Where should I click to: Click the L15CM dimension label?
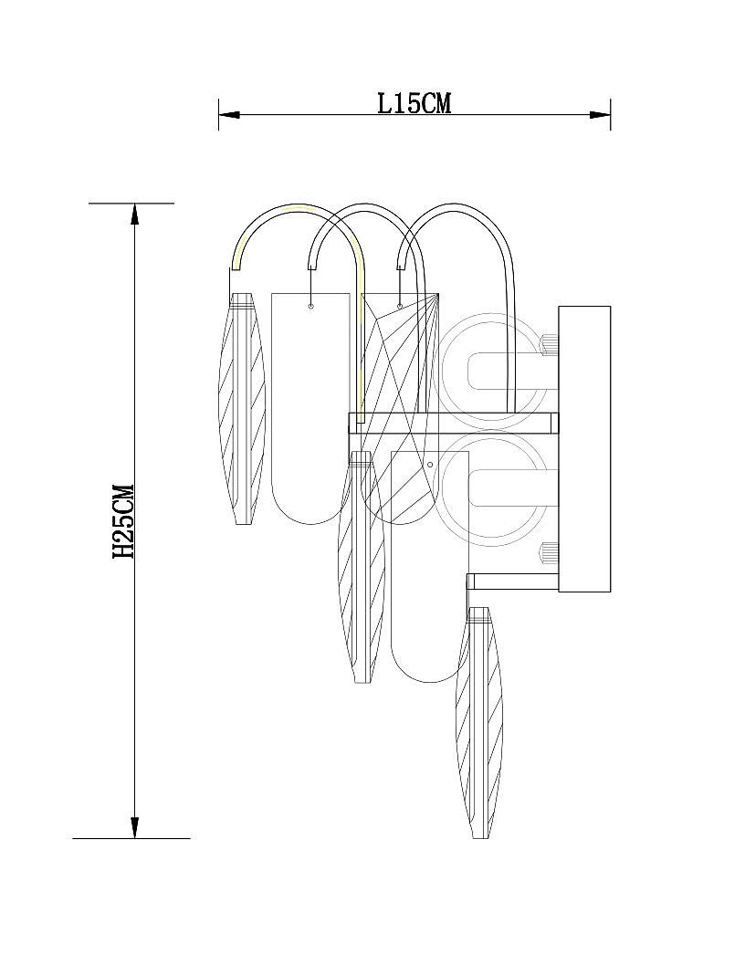coord(414,103)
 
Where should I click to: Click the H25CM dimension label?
coord(123,521)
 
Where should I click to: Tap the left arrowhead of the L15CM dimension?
coord(228,114)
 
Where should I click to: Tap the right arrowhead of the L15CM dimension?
coord(600,114)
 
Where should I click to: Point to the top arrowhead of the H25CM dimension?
coord(134,214)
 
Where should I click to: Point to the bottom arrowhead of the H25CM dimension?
coord(134,827)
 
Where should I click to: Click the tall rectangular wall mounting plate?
coord(584,449)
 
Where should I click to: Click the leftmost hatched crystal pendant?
coord(242,408)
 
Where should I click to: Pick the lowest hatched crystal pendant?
coord(480,723)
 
